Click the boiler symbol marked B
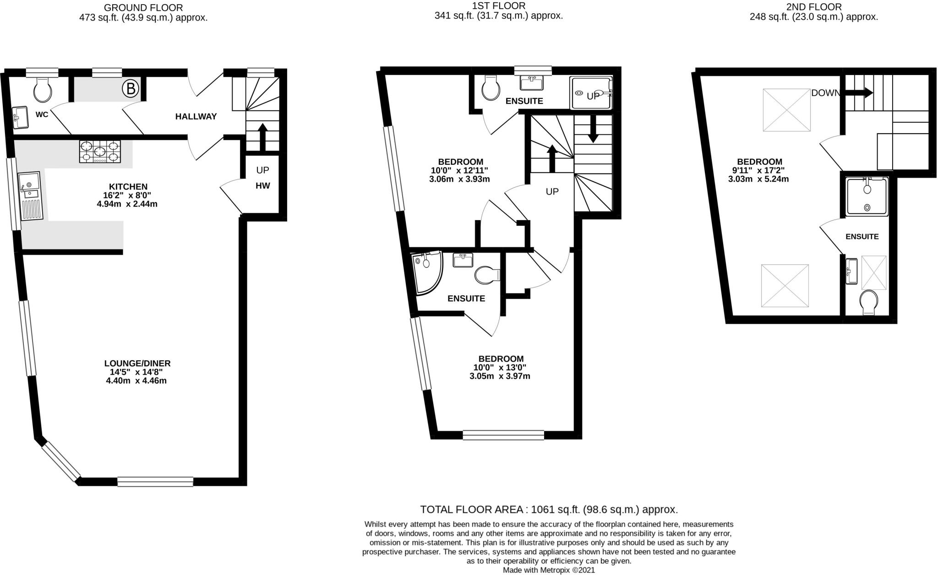(x=131, y=88)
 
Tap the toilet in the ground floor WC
(x=43, y=89)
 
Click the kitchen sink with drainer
(x=30, y=195)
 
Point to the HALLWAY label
(x=196, y=117)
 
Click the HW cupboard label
(x=262, y=186)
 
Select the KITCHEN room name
(x=128, y=187)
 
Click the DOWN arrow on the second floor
(x=859, y=93)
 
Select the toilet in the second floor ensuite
(x=869, y=302)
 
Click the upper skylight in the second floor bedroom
(x=786, y=110)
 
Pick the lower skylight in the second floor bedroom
(x=785, y=286)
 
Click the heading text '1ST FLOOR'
(x=499, y=6)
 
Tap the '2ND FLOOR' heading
(x=814, y=7)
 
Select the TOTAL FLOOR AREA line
(x=549, y=510)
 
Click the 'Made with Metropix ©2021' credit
(x=549, y=570)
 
